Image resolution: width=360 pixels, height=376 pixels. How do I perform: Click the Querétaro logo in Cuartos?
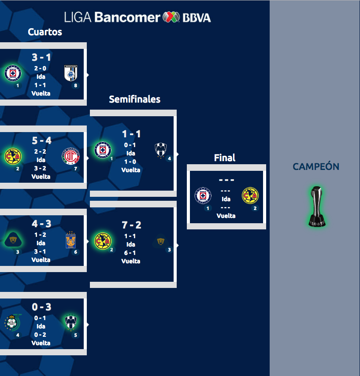(71, 73)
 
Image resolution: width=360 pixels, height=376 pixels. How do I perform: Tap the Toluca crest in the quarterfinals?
(71, 156)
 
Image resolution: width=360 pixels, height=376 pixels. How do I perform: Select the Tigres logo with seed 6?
(71, 239)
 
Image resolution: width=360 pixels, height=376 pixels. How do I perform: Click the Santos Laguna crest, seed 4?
(12, 322)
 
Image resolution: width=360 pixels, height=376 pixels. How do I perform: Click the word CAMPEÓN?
(316, 167)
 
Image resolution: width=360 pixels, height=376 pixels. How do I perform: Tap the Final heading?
(225, 158)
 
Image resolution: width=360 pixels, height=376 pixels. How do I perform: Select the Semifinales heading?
(135, 100)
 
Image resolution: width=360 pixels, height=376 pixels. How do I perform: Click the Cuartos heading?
(45, 32)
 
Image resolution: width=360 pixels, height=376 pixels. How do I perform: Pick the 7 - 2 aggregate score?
(131, 225)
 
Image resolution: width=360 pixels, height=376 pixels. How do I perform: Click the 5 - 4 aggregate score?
(41, 140)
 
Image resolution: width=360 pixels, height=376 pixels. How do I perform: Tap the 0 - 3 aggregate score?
(41, 307)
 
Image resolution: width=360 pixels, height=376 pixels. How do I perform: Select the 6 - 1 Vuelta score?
(131, 253)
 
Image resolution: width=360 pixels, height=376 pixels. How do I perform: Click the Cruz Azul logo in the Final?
(203, 195)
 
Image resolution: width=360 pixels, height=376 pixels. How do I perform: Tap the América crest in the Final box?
(250, 195)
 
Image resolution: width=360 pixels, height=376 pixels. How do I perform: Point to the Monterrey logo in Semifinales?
(160, 150)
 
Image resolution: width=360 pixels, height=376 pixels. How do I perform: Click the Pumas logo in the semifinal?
(160, 241)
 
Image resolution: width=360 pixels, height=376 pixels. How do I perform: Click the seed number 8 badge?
(76, 85)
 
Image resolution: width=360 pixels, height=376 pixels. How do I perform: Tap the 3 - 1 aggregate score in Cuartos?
(41, 57)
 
